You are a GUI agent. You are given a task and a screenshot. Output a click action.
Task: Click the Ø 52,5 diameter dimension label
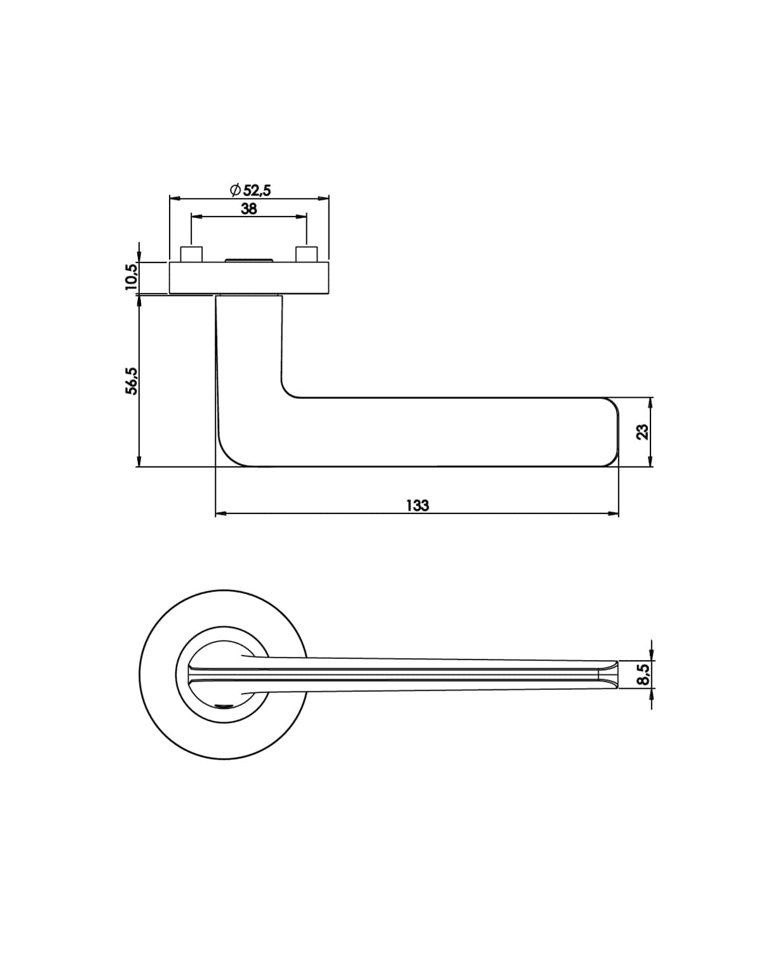coord(250,190)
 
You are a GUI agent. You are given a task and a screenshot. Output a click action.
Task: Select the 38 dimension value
coord(249,208)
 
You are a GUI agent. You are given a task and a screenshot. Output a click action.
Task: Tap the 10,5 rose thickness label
coord(131,277)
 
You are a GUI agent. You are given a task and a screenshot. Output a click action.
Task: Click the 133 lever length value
coord(418,506)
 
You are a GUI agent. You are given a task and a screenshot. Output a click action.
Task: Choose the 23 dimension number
coord(643,432)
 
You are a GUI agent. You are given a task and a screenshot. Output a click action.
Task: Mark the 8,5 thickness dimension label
coord(643,674)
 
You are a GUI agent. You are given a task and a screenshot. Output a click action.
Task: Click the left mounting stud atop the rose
coord(191,254)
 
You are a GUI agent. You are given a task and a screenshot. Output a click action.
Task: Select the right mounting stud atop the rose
coord(307,254)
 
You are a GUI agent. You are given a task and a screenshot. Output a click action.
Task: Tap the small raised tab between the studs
coord(248,260)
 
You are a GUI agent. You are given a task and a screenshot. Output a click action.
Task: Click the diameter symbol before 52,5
coord(235,190)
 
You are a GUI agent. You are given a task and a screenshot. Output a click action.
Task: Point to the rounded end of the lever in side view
coord(613,432)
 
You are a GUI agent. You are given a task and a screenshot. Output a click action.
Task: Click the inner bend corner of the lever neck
coord(290,389)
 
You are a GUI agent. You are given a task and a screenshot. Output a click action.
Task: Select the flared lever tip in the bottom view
coord(609,674)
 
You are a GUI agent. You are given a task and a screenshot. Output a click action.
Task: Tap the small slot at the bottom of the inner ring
coord(224,706)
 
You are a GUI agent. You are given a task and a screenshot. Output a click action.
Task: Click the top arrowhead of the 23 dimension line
coord(650,403)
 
